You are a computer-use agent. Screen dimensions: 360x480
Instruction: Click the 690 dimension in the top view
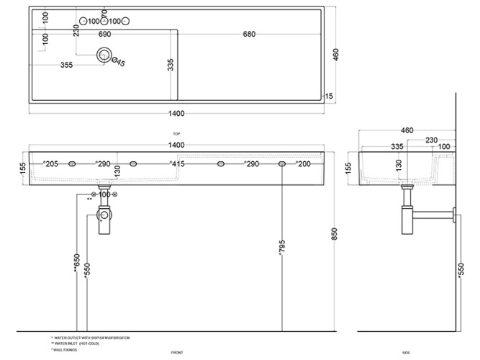[104, 34]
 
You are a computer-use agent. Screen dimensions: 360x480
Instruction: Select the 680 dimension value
[250, 34]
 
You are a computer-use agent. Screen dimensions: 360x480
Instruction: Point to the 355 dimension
[67, 65]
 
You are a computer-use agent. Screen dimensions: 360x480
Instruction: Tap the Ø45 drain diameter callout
[118, 63]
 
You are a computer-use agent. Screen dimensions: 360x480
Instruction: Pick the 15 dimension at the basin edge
[328, 96]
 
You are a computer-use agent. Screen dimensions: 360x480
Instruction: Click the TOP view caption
[176, 134]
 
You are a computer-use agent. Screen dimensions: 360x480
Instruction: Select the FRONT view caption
[176, 352]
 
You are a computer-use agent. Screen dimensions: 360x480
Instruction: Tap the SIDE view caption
[407, 352]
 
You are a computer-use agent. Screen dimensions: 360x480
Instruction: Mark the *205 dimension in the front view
[50, 165]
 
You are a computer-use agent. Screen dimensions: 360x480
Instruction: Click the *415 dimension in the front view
[177, 165]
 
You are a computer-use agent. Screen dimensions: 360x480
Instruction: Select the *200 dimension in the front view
[303, 165]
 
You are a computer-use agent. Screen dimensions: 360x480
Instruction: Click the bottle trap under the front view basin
[105, 220]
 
